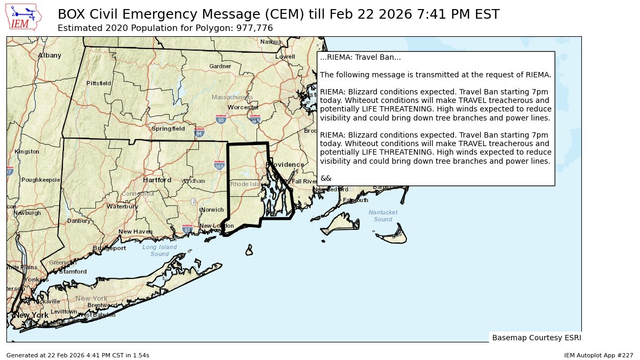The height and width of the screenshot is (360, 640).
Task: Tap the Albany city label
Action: (x=50, y=55)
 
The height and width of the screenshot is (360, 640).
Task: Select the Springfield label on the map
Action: (x=168, y=129)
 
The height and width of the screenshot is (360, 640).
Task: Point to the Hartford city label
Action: (x=157, y=180)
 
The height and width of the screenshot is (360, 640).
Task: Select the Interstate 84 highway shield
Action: (x=199, y=132)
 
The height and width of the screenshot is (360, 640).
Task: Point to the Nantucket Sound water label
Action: (x=383, y=216)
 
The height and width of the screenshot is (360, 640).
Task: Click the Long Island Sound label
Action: (x=159, y=251)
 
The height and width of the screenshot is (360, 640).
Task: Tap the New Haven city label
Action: (x=135, y=231)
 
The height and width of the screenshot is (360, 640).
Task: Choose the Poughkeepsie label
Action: (x=41, y=180)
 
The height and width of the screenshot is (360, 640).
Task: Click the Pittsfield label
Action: (x=99, y=83)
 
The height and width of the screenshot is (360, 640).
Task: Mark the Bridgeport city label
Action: (x=109, y=248)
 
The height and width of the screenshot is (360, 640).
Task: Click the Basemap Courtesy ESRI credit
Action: (x=536, y=338)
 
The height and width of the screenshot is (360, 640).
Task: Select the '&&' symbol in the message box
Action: (x=326, y=178)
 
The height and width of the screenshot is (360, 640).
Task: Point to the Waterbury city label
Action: (x=122, y=206)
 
